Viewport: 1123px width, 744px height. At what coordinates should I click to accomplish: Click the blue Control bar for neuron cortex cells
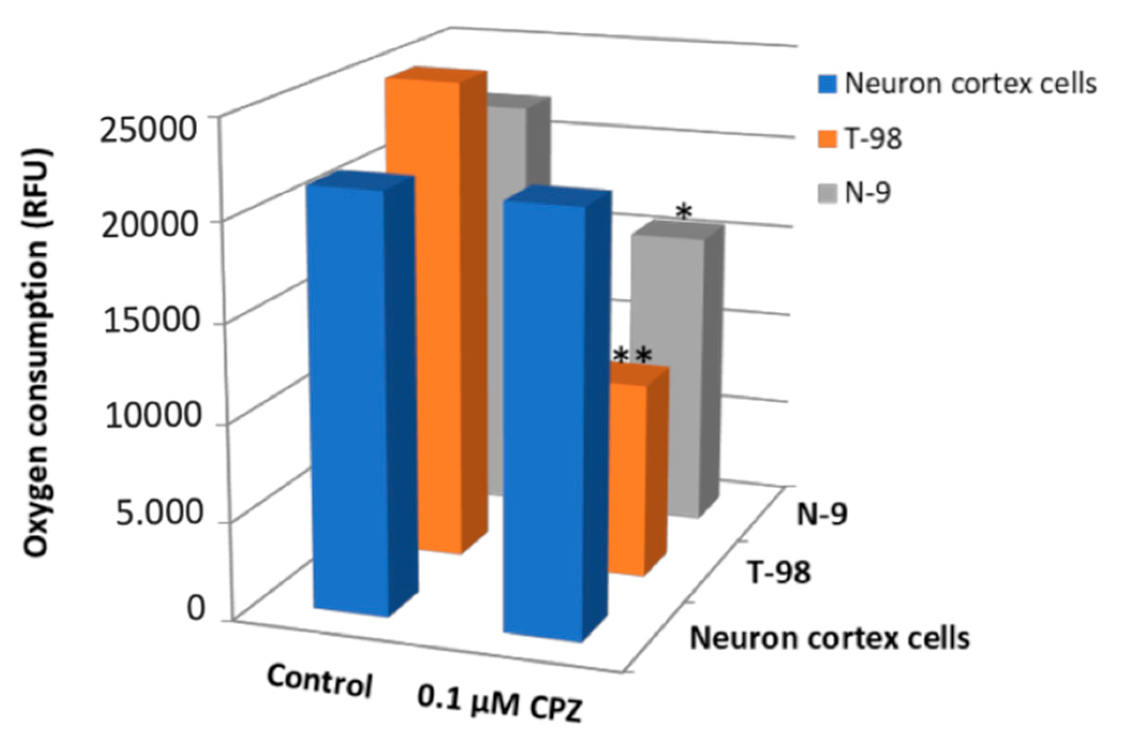[x=348, y=397]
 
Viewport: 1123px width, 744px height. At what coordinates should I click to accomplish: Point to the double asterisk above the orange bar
[x=633, y=356]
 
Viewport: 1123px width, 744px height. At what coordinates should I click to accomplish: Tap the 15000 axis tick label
[x=151, y=321]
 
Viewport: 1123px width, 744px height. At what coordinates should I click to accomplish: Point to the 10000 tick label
[x=153, y=416]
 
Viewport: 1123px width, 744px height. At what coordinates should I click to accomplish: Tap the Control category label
[x=319, y=680]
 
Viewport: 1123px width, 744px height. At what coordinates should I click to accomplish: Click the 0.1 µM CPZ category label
[x=499, y=708]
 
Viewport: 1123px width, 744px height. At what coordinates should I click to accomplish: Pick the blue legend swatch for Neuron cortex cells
[x=827, y=85]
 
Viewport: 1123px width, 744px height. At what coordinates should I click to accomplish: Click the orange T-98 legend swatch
[x=827, y=139]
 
